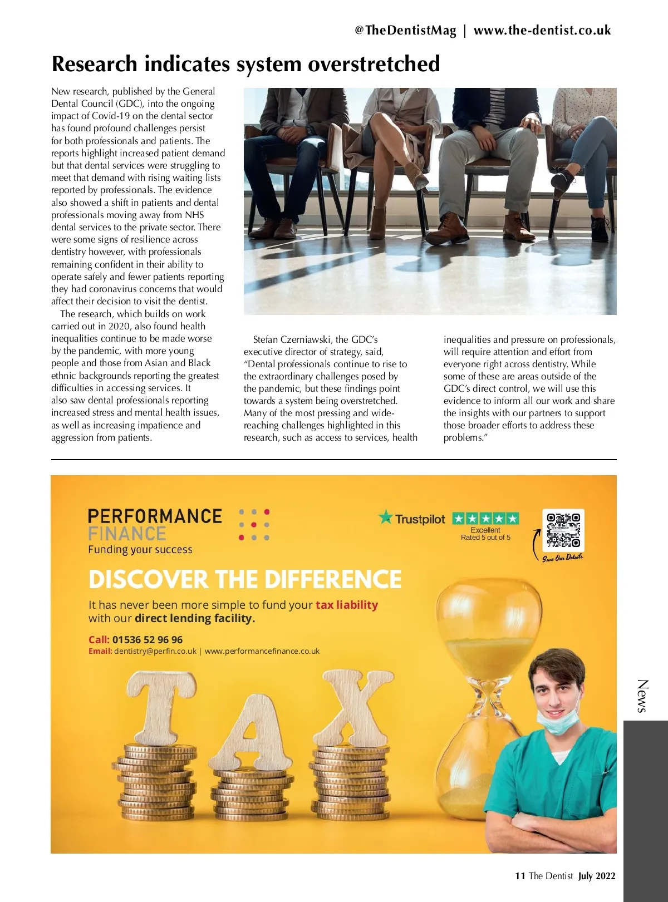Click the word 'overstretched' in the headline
[x=374, y=64]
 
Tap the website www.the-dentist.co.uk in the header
[x=542, y=31]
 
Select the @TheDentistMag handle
[x=405, y=31]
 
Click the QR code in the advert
[x=563, y=530]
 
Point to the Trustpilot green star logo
[x=385, y=517]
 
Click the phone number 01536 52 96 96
[x=147, y=640]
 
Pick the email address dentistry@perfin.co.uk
[x=155, y=651]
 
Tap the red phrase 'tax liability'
[x=346, y=605]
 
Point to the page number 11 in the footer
[x=520, y=876]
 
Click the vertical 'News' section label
[x=642, y=696]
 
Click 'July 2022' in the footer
[x=597, y=876]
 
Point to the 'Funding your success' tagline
[x=140, y=550]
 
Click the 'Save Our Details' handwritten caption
[x=562, y=558]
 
